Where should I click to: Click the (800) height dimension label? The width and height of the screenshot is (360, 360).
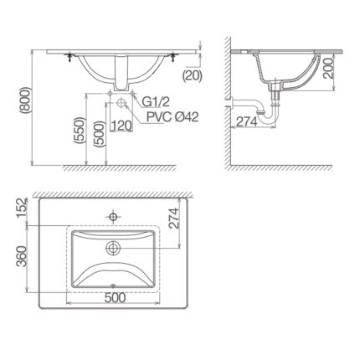(x=24, y=101)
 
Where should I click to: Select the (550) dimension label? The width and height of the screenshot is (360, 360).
(x=79, y=131)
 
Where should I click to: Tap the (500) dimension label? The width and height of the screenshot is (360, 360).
(x=100, y=135)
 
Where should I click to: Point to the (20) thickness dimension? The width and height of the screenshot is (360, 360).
(x=192, y=75)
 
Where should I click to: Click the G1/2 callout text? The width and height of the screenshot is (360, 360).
(x=156, y=102)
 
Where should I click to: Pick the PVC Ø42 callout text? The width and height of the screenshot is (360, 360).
(x=172, y=117)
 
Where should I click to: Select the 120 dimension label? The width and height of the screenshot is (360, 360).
(x=121, y=126)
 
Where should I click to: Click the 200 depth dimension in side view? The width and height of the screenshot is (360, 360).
(x=329, y=69)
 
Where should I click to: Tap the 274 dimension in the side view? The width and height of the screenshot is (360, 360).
(x=247, y=121)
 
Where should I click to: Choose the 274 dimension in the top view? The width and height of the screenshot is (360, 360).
(x=174, y=219)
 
